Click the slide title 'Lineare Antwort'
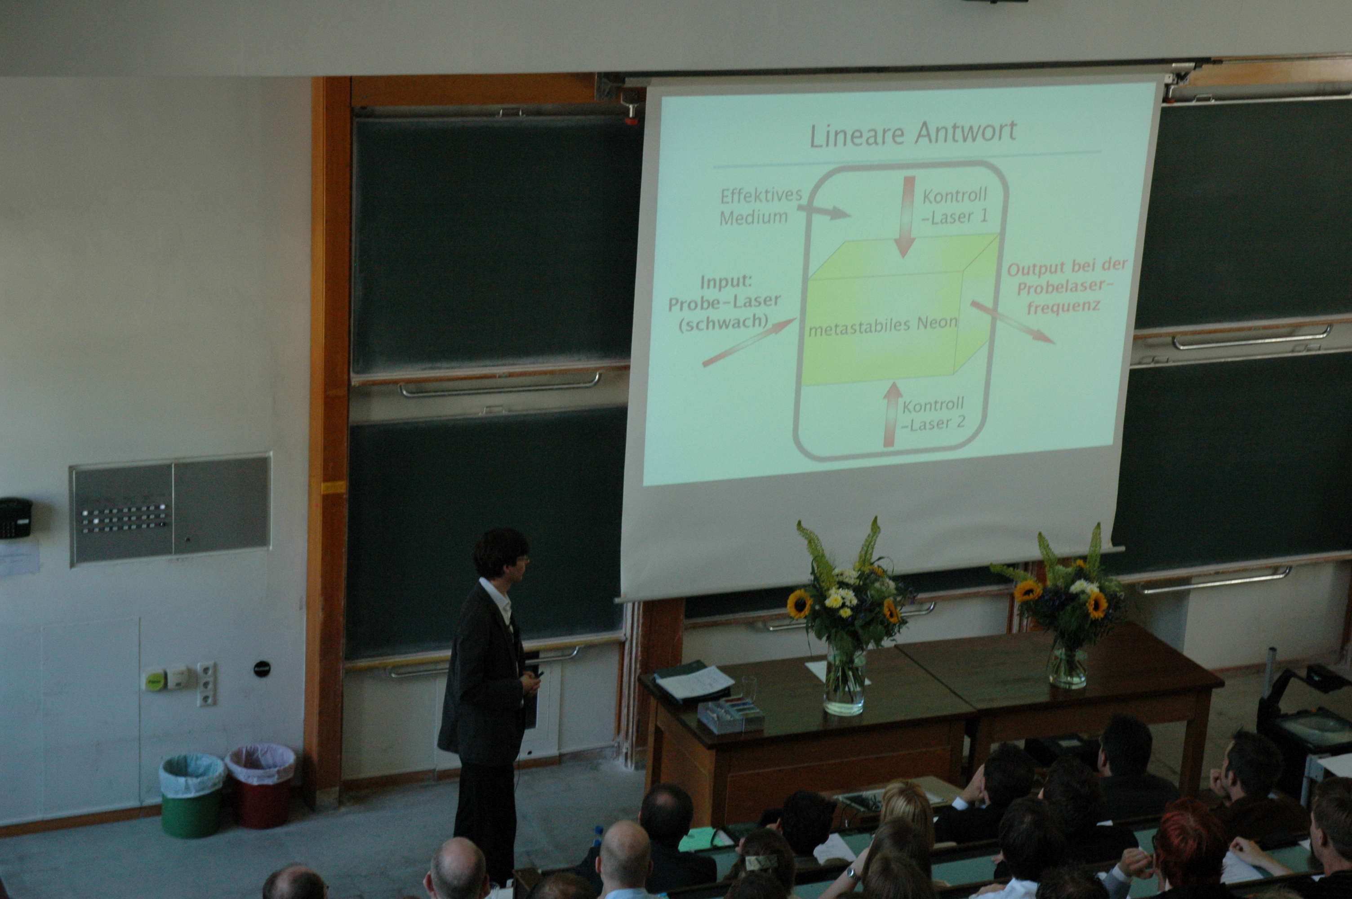tap(912, 133)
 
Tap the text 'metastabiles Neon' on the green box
tap(883, 325)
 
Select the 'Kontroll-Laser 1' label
tap(955, 206)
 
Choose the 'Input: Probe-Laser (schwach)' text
tap(725, 303)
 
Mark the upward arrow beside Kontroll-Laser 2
tap(891, 414)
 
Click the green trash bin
tap(192, 795)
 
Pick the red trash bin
tap(261, 785)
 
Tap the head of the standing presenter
tap(500, 553)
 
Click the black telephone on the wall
tap(14, 518)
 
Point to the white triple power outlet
tap(207, 684)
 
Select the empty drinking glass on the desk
tap(749, 690)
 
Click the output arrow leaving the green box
tap(1012, 322)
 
